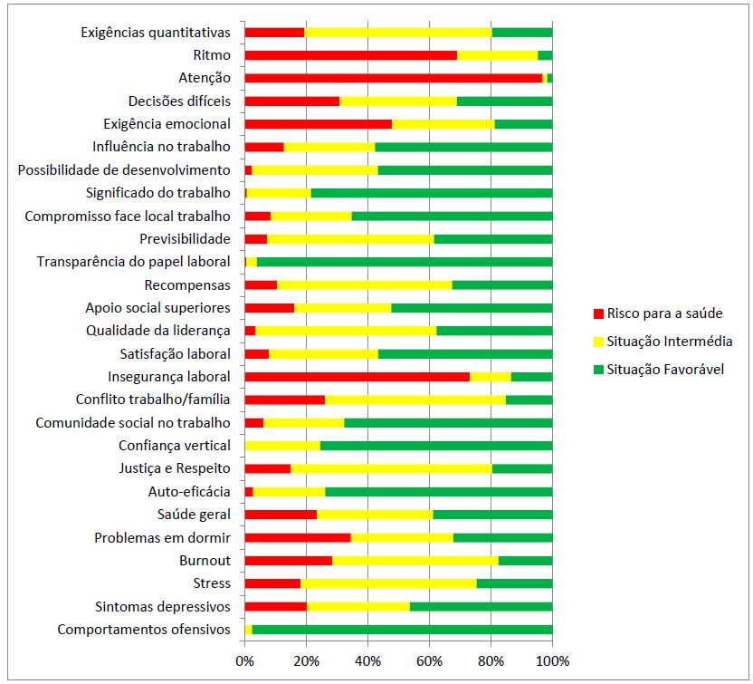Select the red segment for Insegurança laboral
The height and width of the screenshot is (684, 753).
[x=357, y=376]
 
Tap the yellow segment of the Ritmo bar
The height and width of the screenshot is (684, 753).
[x=497, y=55]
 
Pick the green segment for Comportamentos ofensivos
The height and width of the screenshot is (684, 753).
[x=402, y=629]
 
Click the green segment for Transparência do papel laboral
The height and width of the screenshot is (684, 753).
[x=405, y=262]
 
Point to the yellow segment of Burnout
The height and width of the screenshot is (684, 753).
[x=415, y=560]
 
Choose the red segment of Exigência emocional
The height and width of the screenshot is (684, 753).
[x=319, y=124]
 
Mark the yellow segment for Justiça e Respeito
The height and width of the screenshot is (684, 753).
[x=391, y=468]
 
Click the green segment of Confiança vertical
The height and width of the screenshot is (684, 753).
[x=436, y=446]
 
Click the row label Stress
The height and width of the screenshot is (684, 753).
[x=212, y=583]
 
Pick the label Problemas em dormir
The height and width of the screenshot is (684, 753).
[x=163, y=537]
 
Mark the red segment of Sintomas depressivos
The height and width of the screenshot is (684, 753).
[x=276, y=606]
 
